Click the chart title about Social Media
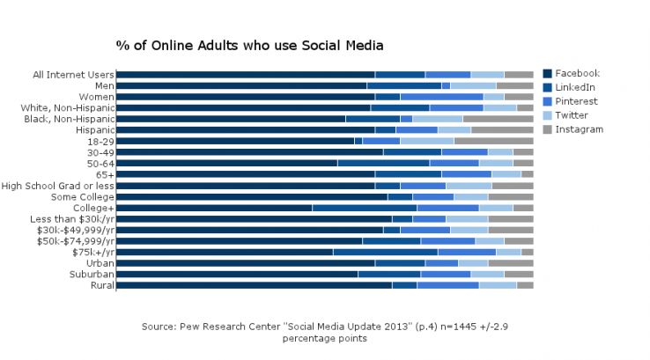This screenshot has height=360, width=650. (x=249, y=45)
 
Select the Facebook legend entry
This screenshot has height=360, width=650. (x=576, y=73)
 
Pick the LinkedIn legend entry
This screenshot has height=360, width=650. (x=574, y=87)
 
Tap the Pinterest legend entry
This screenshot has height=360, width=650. (x=576, y=101)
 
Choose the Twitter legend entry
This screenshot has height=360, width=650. (x=572, y=115)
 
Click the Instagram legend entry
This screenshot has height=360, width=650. (x=579, y=129)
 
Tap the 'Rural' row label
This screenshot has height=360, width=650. (x=100, y=285)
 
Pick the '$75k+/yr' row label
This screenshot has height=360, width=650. (x=92, y=252)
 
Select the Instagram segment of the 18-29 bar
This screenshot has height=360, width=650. (x=493, y=141)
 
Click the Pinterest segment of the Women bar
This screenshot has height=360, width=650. (x=441, y=97)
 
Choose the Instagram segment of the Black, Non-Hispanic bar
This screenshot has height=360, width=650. (x=498, y=119)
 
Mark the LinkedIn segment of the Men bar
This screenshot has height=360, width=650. (x=403, y=85)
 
